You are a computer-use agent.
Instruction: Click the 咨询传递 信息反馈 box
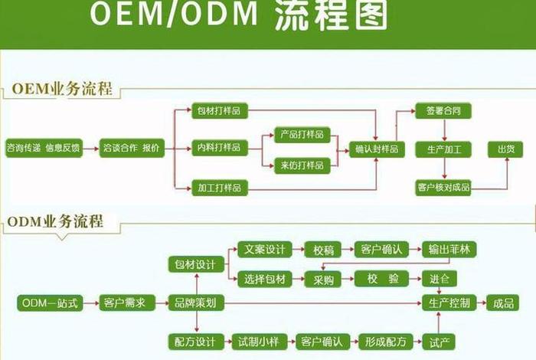coord(43,148)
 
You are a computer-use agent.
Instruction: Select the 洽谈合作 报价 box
coord(131,148)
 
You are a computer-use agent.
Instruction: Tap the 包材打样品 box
coord(218,111)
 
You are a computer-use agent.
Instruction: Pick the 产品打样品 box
coord(301,135)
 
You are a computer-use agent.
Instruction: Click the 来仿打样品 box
coord(301,164)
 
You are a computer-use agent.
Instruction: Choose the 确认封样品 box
coord(377,149)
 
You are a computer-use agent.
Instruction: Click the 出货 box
coord(505,149)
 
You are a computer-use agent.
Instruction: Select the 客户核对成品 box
coord(443,186)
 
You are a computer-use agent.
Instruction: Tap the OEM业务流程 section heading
coord(62,89)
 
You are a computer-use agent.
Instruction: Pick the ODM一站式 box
coord(48,303)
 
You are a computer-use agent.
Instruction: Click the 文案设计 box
coord(263,249)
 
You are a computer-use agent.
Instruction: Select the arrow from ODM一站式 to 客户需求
coord(88,303)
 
